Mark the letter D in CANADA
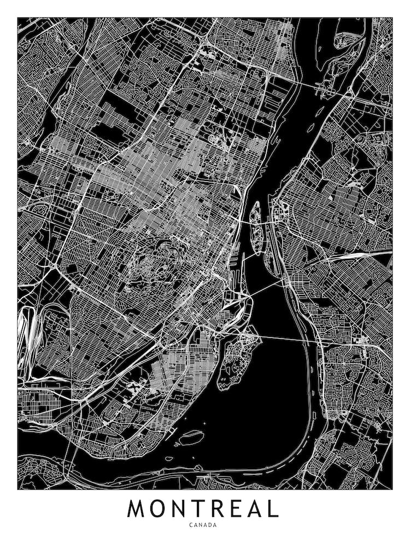210,525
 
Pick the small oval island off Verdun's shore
192,437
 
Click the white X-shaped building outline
134,386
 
